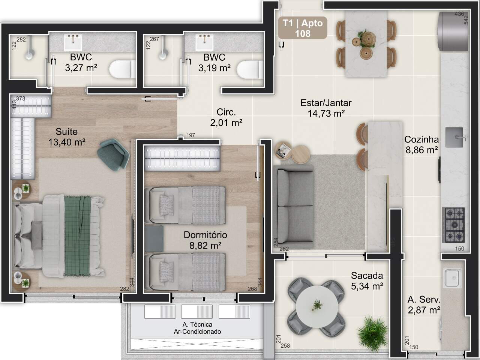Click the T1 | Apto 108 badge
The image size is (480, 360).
pyautogui.click(x=302, y=28)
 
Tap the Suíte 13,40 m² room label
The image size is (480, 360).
pyautogui.click(x=67, y=137)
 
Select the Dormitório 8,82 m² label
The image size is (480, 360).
pyautogui.click(x=205, y=240)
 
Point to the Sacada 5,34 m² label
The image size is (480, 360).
pyautogui.click(x=367, y=280)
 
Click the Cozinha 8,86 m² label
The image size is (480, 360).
pyautogui.click(x=421, y=145)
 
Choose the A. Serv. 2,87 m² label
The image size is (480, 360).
pyautogui.click(x=424, y=305)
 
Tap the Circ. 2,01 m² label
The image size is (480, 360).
pyautogui.click(x=226, y=117)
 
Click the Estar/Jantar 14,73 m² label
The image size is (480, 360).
pyautogui.click(x=326, y=108)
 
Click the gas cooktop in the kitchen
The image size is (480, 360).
pyautogui.click(x=453, y=225)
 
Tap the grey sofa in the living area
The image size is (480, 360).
pyautogui.click(x=294, y=207)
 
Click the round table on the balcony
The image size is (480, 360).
pyautogui.click(x=317, y=306)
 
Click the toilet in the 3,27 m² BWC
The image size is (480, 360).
pyautogui.click(x=123, y=69)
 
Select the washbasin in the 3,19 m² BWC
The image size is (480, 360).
pyautogui.click(x=204, y=42)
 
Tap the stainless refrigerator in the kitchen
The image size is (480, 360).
pyautogui.click(x=453, y=31)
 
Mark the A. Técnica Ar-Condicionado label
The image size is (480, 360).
pyautogui.click(x=197, y=328)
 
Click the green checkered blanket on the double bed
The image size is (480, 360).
pyautogui.click(x=78, y=235)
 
